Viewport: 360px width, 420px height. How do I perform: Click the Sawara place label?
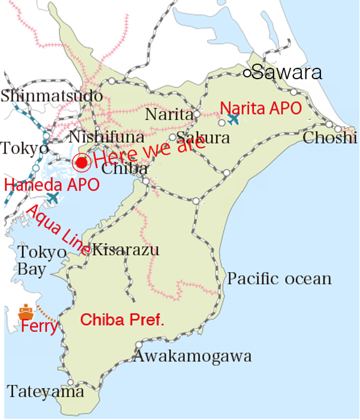[x=287, y=73]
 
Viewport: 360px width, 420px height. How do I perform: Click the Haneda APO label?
[x=52, y=185]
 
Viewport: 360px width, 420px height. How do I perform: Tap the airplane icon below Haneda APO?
[x=53, y=197]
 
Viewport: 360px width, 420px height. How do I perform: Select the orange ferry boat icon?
[x=25, y=312]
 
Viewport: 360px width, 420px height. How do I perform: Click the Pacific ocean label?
[x=279, y=279]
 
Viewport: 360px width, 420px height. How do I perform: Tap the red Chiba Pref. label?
[x=122, y=320]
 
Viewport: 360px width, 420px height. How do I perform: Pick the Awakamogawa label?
[x=192, y=356]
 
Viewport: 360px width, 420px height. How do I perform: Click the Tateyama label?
[x=46, y=392]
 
